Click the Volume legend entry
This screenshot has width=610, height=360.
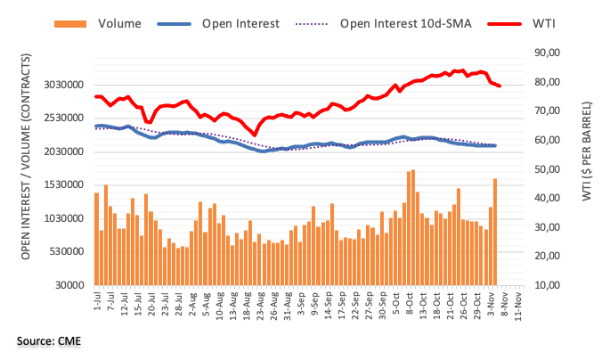click(x=119, y=24)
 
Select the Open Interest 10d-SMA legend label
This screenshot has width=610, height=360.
click(x=405, y=24)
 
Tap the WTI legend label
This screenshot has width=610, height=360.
click(x=543, y=24)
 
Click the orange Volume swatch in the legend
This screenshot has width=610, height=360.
click(x=70, y=24)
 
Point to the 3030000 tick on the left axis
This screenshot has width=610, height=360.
click(x=64, y=85)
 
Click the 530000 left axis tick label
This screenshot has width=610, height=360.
click(x=67, y=251)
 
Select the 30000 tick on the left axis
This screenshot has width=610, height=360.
click(x=69, y=285)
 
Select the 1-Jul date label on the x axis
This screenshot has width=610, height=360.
click(x=97, y=300)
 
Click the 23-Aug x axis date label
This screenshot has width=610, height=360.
click(x=260, y=306)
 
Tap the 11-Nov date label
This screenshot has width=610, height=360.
click(x=517, y=306)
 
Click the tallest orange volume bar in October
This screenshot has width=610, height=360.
click(x=413, y=228)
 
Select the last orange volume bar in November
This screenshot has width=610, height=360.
click(x=495, y=232)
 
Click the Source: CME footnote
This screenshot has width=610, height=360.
click(x=49, y=341)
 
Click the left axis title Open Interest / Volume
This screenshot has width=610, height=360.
click(x=26, y=157)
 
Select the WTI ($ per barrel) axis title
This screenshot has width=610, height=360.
click(x=587, y=151)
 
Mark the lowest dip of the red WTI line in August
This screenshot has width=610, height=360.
click(x=255, y=135)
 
